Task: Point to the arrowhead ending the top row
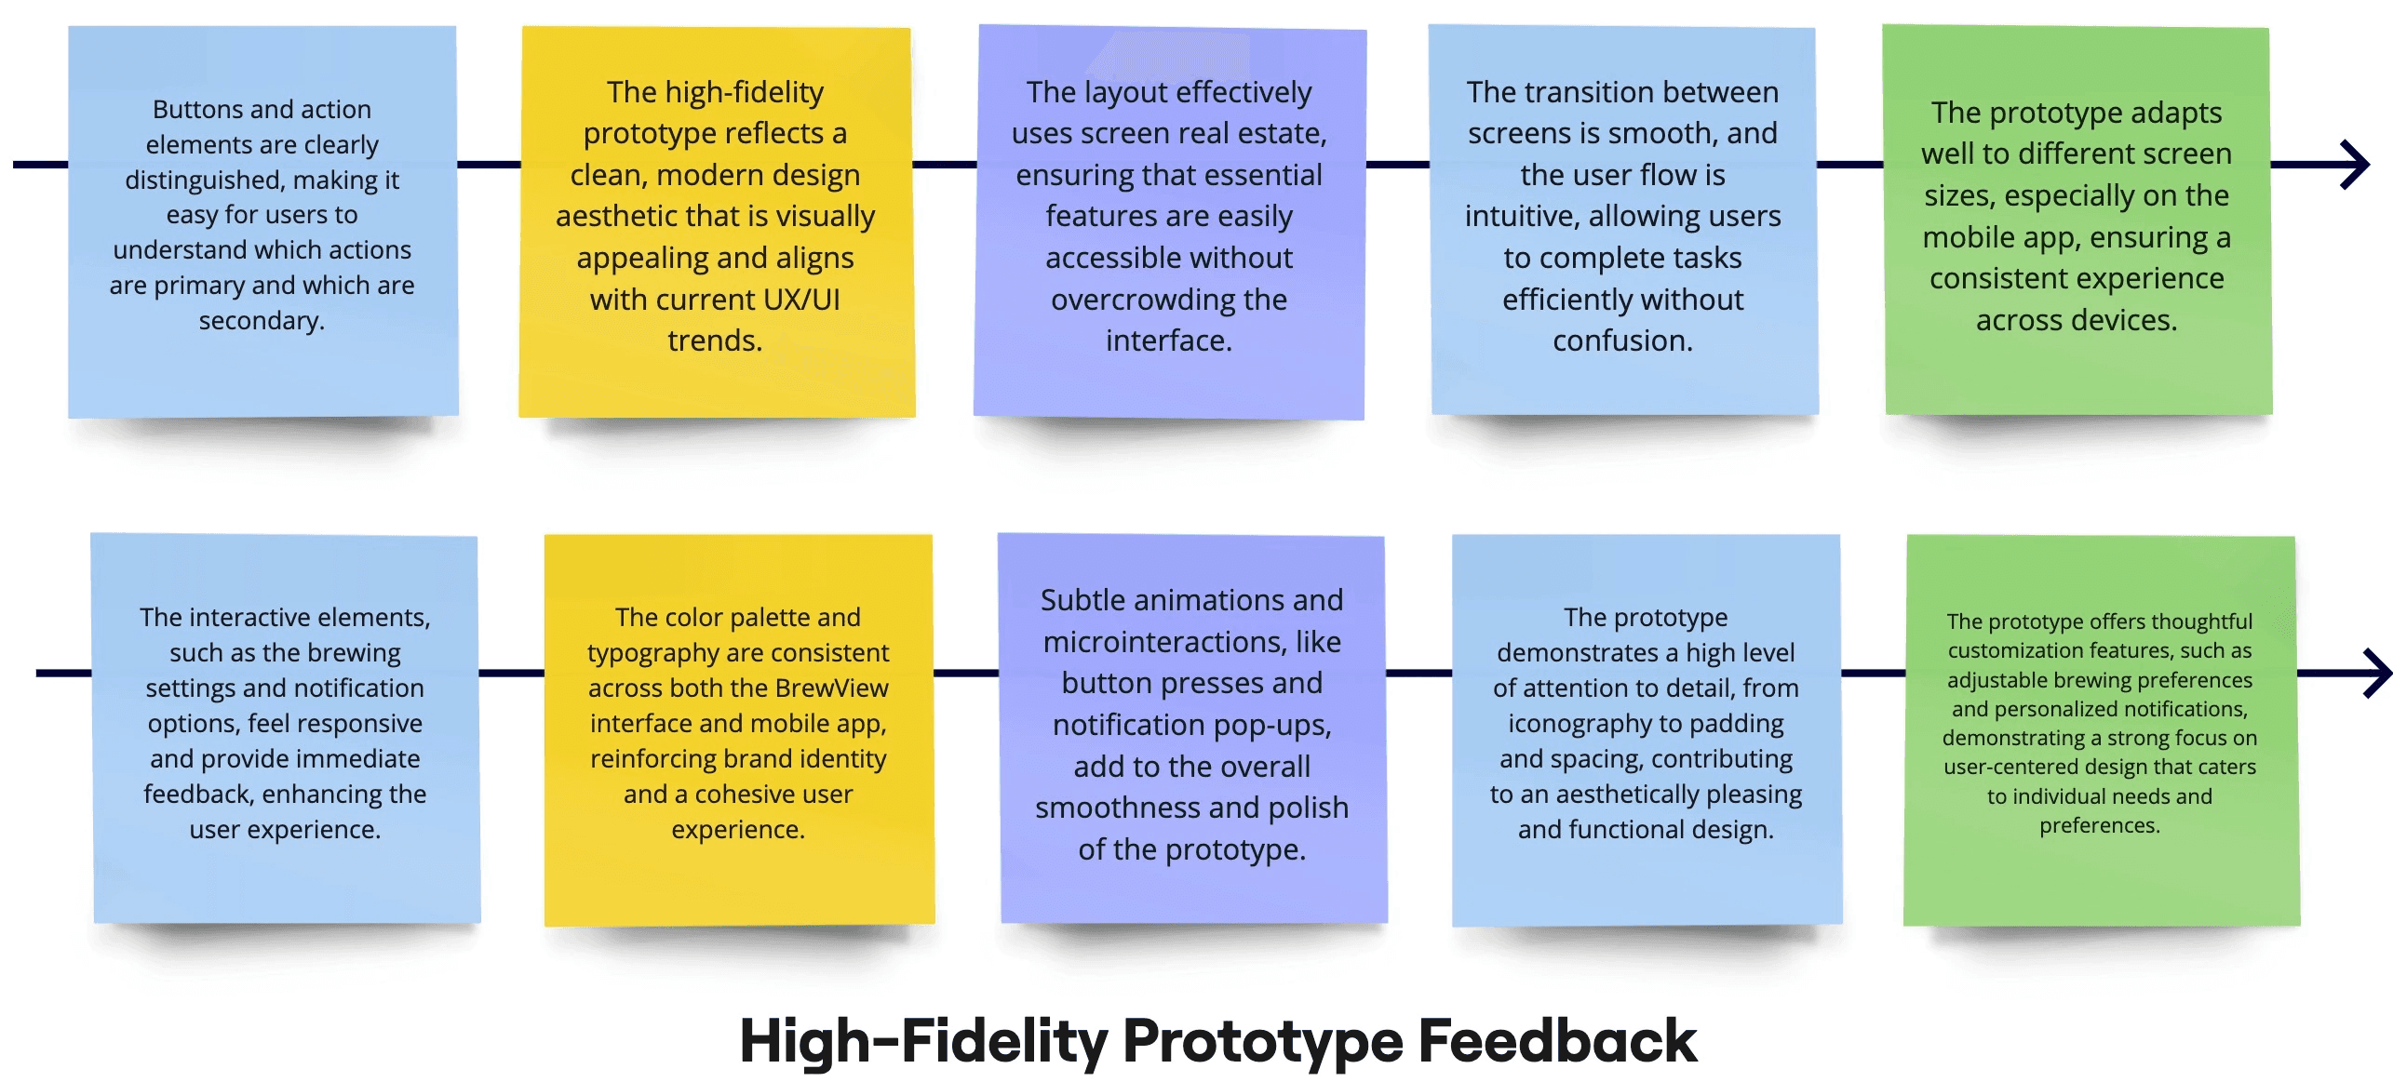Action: pyautogui.click(x=2356, y=165)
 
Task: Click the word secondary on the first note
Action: pyautogui.click(x=262, y=321)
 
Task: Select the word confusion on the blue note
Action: pyautogui.click(x=1622, y=341)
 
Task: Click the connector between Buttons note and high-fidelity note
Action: pyautogui.click(x=490, y=165)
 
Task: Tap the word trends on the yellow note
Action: pyautogui.click(x=715, y=341)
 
